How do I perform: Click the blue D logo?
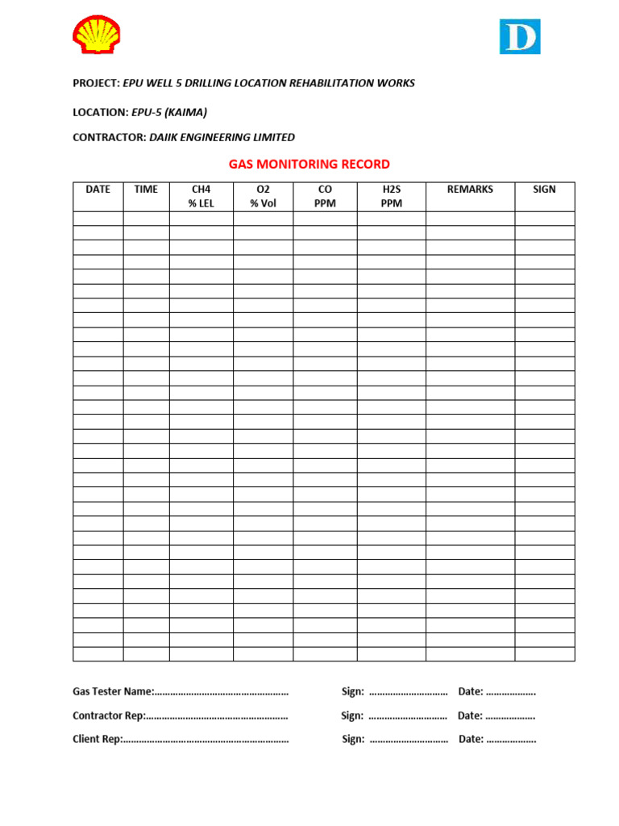click(519, 37)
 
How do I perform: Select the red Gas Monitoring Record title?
click(309, 164)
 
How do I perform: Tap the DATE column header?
click(98, 190)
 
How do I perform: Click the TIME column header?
click(146, 190)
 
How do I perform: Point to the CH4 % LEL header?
click(201, 196)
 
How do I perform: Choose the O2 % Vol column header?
click(263, 196)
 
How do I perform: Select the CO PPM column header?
click(325, 196)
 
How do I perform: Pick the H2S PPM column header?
click(391, 196)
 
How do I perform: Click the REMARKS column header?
click(470, 190)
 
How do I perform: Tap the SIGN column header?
click(544, 190)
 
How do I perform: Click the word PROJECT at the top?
click(95, 83)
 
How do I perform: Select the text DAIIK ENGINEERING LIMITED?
click(222, 137)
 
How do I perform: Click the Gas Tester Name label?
click(112, 691)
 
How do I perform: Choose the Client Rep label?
click(97, 739)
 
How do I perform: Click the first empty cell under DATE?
click(98, 219)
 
